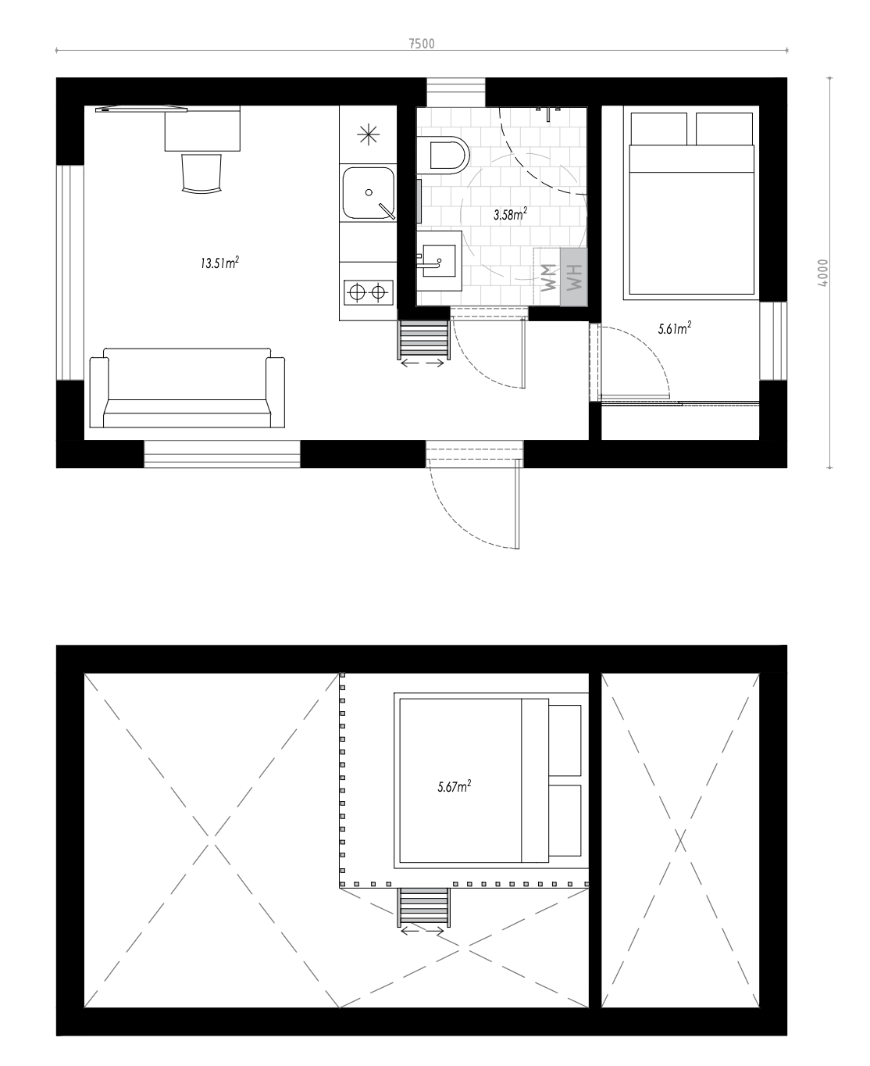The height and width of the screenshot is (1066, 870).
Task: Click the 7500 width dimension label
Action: click(x=422, y=44)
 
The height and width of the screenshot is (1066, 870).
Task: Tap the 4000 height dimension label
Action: click(x=823, y=273)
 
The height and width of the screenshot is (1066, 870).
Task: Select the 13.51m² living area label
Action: click(x=219, y=263)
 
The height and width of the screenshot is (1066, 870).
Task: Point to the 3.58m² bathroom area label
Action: click(x=510, y=214)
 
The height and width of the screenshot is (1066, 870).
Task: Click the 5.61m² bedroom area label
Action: click(x=675, y=328)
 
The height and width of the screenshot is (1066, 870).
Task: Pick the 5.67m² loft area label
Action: click(x=455, y=786)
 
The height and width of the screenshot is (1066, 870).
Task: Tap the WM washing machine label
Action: click(x=549, y=277)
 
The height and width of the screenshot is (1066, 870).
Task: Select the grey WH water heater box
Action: click(x=573, y=277)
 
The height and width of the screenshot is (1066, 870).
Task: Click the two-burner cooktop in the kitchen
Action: click(x=369, y=292)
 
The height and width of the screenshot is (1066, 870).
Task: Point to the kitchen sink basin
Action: click(x=369, y=193)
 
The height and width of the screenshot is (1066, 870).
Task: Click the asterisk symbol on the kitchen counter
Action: click(x=369, y=134)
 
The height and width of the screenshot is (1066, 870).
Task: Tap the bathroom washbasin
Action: click(x=439, y=261)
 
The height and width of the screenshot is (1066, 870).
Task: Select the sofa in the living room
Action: click(x=187, y=388)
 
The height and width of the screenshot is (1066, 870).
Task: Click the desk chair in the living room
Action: click(x=201, y=173)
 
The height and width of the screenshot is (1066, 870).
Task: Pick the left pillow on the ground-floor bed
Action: click(x=659, y=129)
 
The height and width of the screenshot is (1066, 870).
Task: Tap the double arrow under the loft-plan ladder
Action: click(x=423, y=931)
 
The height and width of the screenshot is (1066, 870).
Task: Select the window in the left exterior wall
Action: click(x=70, y=273)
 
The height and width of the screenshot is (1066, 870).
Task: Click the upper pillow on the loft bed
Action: click(x=565, y=740)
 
